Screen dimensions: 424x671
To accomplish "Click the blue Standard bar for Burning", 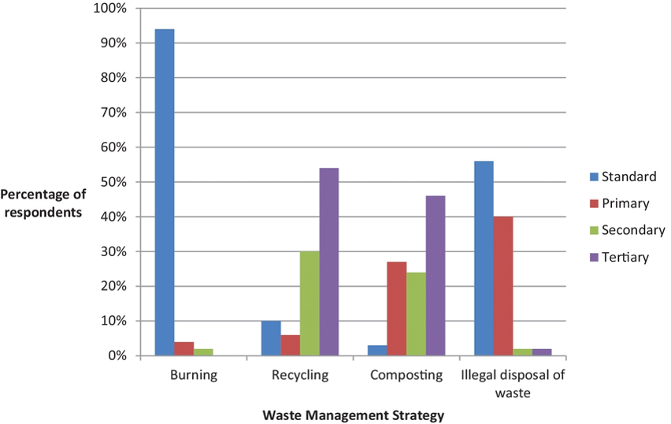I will pyautogui.click(x=165, y=192).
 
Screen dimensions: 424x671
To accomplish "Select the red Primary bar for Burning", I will pyautogui.click(x=184, y=348).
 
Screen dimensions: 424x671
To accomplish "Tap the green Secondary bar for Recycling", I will pyautogui.click(x=310, y=303).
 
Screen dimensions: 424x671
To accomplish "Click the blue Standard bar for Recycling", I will pyautogui.click(x=271, y=338).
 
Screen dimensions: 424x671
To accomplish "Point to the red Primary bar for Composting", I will pyautogui.click(x=397, y=308).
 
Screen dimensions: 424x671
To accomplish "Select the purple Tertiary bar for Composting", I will pyautogui.click(x=436, y=276).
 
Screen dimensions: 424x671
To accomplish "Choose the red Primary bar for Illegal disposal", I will pyautogui.click(x=503, y=286).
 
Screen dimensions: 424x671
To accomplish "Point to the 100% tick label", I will pyautogui.click(x=110, y=9).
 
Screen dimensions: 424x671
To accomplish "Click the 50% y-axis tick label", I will pyautogui.click(x=113, y=182).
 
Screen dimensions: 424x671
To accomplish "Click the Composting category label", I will pyautogui.click(x=406, y=375).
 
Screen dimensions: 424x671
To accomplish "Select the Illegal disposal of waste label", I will pyautogui.click(x=513, y=383).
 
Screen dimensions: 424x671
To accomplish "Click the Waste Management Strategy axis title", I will pyautogui.click(x=354, y=415).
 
